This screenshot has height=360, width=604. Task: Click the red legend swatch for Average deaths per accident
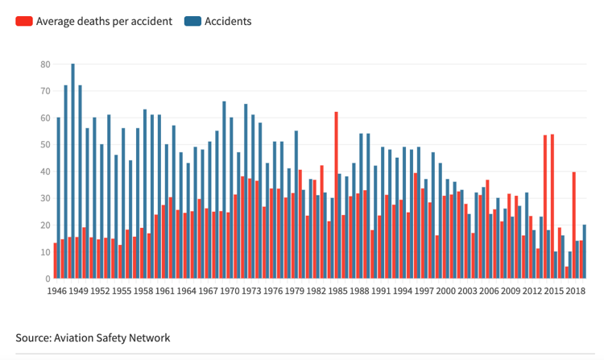pos(24,21)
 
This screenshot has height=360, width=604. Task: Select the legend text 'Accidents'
pos(229,21)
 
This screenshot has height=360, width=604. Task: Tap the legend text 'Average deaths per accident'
pos(104,21)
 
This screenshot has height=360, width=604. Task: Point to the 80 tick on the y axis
pos(45,64)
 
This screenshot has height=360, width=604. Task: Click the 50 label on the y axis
pos(45,145)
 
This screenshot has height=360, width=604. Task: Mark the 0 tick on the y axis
pos(48,279)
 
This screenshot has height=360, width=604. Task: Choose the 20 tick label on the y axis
pos(45,226)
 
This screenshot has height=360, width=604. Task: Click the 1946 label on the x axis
pos(56,291)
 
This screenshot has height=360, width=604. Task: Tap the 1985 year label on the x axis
pos(337,291)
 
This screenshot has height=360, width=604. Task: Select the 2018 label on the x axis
pos(574,291)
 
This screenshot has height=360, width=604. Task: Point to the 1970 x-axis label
pos(229,291)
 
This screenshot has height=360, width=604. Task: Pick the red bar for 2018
pos(573,225)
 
